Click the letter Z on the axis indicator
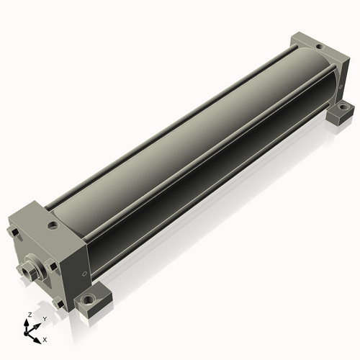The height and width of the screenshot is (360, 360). [30, 315]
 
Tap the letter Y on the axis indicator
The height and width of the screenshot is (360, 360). [45, 319]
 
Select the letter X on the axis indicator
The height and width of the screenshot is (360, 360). [45, 340]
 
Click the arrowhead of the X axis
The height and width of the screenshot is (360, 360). [37, 341]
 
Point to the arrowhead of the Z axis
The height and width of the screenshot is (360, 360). [26, 323]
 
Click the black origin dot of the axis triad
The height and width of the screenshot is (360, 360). [26, 333]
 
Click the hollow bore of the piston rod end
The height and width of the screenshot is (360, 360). [25, 271]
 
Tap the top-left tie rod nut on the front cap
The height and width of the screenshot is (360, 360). [12, 232]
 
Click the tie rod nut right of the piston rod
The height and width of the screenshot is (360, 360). [52, 265]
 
